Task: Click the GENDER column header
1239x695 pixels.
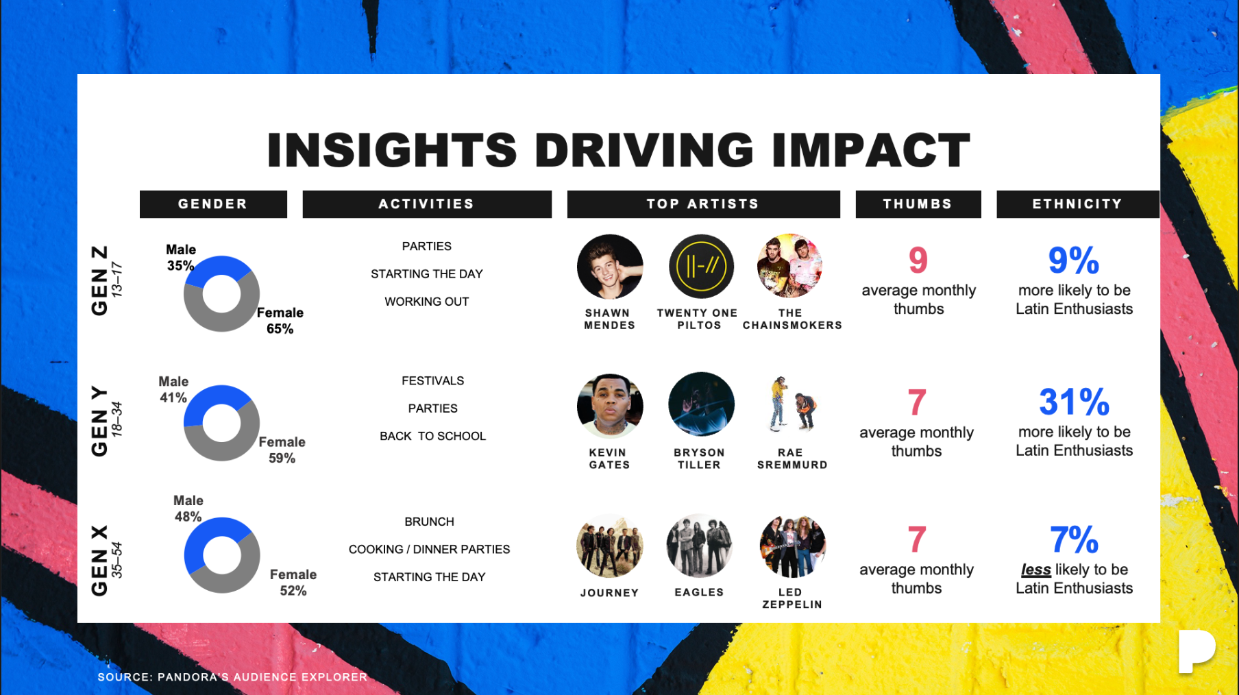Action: click(213, 204)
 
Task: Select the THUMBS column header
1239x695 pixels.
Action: click(918, 204)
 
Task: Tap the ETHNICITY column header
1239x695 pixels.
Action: click(1078, 204)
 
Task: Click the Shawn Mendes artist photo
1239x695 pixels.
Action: click(610, 267)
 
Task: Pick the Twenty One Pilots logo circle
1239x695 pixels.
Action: click(701, 267)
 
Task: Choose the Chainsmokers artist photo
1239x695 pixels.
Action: click(790, 267)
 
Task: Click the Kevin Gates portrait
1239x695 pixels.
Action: click(610, 406)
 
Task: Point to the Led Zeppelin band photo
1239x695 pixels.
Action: click(793, 546)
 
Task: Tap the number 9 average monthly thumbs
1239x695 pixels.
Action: click(918, 260)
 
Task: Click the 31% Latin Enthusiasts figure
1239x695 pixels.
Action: click(1074, 402)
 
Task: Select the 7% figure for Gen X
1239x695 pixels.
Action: click(1074, 539)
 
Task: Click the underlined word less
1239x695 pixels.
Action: click(1035, 570)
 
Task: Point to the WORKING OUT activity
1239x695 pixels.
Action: click(427, 302)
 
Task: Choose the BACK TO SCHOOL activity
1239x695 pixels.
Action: click(433, 436)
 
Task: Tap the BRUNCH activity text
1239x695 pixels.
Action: click(430, 522)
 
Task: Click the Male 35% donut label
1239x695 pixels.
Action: click(181, 258)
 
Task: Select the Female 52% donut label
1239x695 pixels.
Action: click(293, 583)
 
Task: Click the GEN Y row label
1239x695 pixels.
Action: click(100, 420)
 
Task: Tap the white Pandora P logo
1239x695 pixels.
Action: click(1196, 651)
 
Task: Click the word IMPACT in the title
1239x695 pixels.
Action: click(871, 150)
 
